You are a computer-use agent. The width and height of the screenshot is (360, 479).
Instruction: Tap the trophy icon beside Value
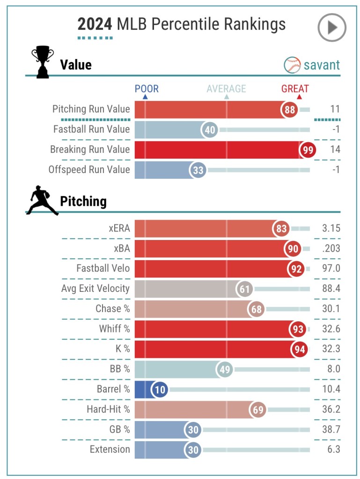(x=42, y=62)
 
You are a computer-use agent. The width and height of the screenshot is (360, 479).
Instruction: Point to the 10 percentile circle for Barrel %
(x=160, y=390)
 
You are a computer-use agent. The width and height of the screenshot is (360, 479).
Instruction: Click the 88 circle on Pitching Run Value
(x=290, y=110)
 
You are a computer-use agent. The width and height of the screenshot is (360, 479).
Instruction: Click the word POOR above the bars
(x=147, y=89)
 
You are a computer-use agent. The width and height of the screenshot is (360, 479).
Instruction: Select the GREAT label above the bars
(x=295, y=89)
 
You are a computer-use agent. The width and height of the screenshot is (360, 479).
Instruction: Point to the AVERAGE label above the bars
(x=226, y=89)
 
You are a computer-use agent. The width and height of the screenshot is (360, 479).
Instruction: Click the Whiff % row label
(x=114, y=329)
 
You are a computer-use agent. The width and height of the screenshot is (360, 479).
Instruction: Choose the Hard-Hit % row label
(x=108, y=410)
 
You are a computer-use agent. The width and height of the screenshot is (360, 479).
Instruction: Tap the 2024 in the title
(x=95, y=24)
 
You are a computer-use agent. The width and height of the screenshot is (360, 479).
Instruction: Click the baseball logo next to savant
(x=292, y=65)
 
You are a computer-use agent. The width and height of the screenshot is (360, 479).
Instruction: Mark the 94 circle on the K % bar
(x=298, y=349)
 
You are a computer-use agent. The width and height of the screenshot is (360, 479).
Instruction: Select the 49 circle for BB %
(x=225, y=370)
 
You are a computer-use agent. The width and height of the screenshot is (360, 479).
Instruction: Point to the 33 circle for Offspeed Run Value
(x=198, y=170)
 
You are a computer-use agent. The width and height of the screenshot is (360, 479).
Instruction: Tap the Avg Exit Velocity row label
(x=95, y=289)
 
